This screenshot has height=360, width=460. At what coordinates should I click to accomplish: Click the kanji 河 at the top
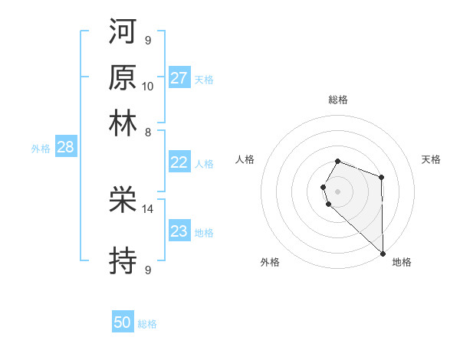(123, 32)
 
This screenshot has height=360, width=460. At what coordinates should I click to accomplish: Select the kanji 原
(123, 77)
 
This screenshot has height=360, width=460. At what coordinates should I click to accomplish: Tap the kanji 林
(123, 123)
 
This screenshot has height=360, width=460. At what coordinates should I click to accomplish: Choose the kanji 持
(123, 261)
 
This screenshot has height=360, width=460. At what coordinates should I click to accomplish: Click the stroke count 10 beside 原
(148, 86)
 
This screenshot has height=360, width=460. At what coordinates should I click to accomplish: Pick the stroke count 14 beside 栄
(148, 208)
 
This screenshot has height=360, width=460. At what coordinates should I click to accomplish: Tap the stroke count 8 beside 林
(147, 132)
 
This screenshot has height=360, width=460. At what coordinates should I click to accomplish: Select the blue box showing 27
(179, 78)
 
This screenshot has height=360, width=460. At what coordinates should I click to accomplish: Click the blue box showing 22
(179, 162)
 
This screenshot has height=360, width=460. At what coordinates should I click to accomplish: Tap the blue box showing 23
(179, 231)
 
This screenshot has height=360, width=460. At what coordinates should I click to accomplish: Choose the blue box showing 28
(65, 147)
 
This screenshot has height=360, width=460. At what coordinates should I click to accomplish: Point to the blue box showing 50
(123, 323)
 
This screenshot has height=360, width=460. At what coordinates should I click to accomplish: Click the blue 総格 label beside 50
(147, 324)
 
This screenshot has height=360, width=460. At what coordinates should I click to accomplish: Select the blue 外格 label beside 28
(41, 149)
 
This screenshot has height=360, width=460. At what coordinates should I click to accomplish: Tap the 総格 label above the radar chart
(338, 100)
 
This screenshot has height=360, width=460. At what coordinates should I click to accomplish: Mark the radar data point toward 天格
(382, 178)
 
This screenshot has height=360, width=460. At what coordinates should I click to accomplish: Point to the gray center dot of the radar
(338, 191)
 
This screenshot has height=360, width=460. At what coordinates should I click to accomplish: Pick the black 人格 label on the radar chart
(245, 159)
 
